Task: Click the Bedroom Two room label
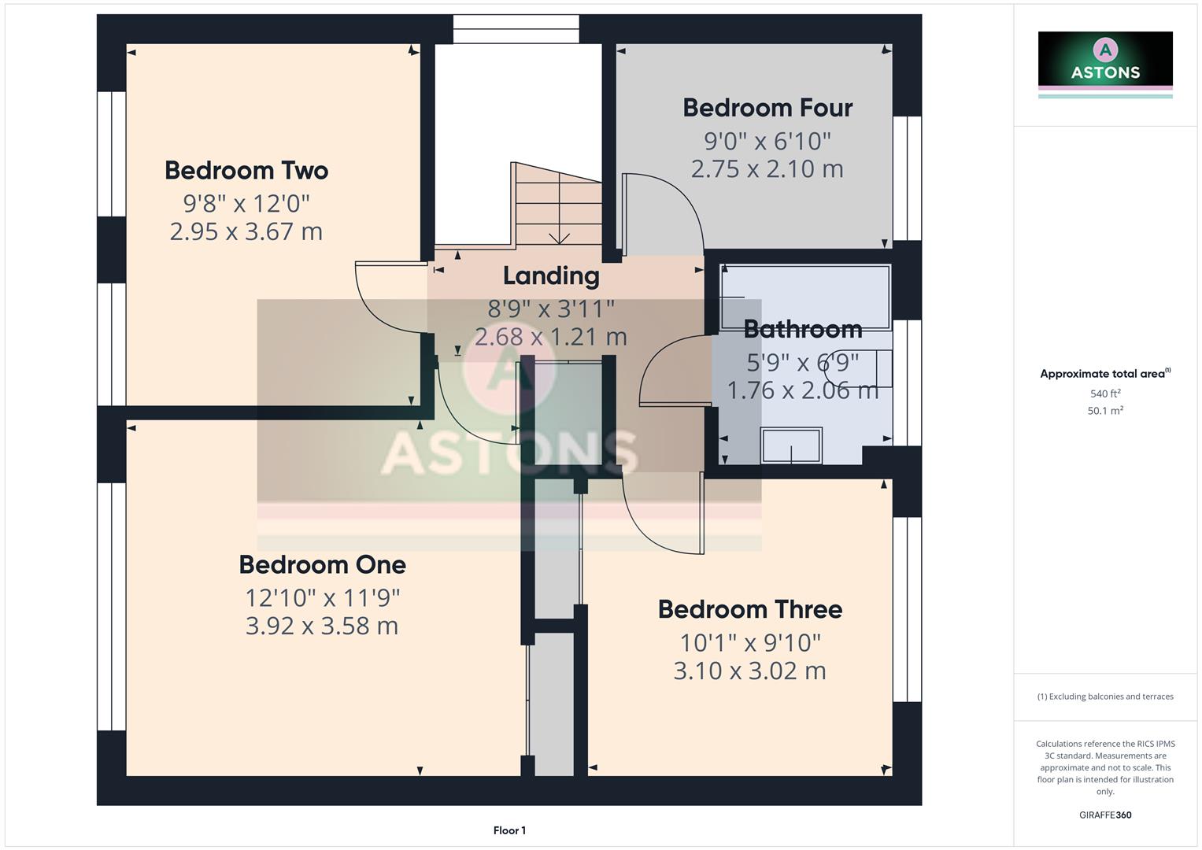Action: [246, 170]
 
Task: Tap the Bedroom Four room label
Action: [767, 108]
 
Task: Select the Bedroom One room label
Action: [322, 564]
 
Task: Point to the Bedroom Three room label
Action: [749, 609]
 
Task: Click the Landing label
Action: [550, 275]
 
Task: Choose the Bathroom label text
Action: [802, 329]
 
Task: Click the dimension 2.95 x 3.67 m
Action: [246, 231]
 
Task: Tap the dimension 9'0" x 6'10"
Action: [767, 141]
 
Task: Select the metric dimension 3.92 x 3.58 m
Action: [322, 626]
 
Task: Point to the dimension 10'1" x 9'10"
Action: [749, 642]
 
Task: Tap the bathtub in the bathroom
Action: [805, 297]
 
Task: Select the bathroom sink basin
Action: [791, 445]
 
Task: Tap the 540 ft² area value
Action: [1104, 394]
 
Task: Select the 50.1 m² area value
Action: [1104, 411]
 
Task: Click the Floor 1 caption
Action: [509, 830]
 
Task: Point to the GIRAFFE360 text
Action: [1104, 815]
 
